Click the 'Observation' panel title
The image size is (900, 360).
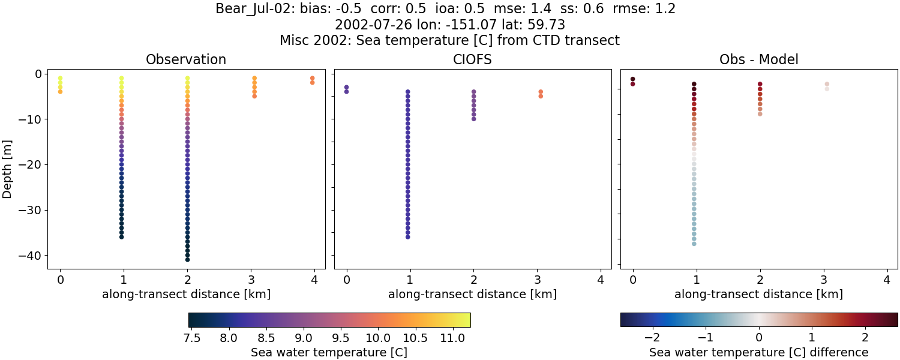(x=186, y=59)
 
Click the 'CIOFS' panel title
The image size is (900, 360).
(x=472, y=59)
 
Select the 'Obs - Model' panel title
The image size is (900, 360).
(x=758, y=59)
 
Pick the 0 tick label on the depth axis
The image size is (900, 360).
(x=37, y=74)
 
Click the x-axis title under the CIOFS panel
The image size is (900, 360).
(x=472, y=295)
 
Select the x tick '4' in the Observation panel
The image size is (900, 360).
(x=314, y=280)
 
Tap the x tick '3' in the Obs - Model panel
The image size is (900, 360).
(x=823, y=280)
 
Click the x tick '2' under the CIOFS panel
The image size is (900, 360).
(x=473, y=280)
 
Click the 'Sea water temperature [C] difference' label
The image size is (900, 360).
(x=758, y=352)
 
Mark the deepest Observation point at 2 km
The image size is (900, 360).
(x=187, y=259)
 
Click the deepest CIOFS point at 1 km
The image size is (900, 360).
(x=407, y=237)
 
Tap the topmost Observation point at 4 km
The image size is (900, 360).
(x=312, y=78)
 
